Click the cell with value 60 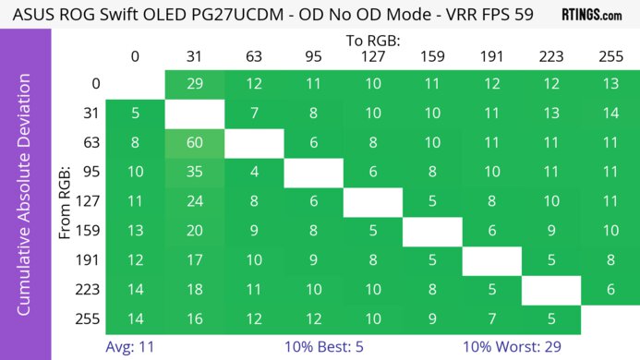pos(194,143)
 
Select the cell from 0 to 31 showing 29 pos(194,84)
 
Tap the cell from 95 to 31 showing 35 pos(194,173)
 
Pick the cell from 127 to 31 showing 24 pos(194,202)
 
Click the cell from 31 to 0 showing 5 pos(135,114)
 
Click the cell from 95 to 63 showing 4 pos(253,173)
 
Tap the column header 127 pos(371,55)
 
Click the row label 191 pos(90,261)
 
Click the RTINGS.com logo pos(591,15)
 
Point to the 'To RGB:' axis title pos(372,40)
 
